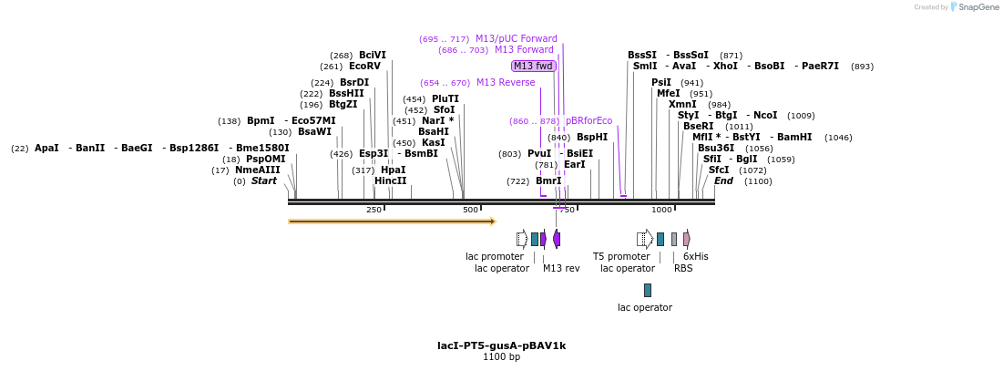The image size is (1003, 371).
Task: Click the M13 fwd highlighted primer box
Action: click(x=534, y=66)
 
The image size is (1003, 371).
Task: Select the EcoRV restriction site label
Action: click(x=364, y=66)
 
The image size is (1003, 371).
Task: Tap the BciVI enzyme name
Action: click(x=373, y=55)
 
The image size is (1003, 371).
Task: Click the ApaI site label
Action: click(x=46, y=148)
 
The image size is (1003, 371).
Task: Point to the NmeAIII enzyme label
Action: click(x=258, y=170)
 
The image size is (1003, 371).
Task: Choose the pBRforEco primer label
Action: click(x=588, y=120)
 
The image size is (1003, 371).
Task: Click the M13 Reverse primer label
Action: click(x=506, y=82)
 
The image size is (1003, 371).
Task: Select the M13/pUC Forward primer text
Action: click(x=517, y=38)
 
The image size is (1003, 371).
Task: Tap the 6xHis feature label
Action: click(x=696, y=256)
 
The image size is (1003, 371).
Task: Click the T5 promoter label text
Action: click(x=621, y=256)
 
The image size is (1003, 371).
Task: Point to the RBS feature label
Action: click(x=683, y=268)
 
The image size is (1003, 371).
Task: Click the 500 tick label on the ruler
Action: click(x=470, y=210)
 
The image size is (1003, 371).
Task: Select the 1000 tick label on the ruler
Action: click(x=661, y=210)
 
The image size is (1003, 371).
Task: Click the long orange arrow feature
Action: click(x=392, y=221)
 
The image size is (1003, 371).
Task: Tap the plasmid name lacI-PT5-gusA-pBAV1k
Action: click(x=501, y=345)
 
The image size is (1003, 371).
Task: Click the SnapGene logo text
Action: click(x=978, y=7)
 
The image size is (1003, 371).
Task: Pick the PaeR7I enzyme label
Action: click(x=821, y=66)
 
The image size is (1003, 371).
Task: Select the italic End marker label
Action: click(x=723, y=180)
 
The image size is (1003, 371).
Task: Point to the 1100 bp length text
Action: click(x=501, y=356)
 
